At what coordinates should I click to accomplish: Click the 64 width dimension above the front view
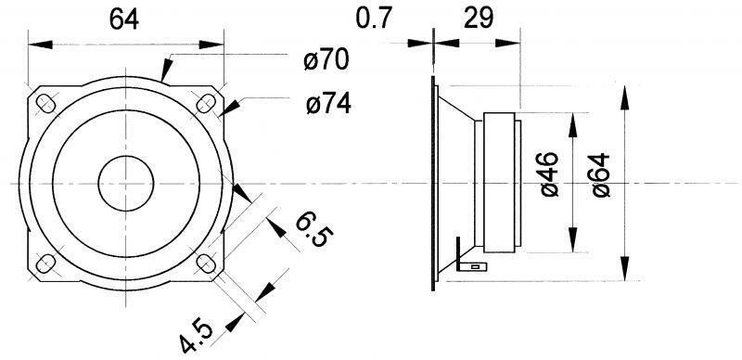[x=124, y=19]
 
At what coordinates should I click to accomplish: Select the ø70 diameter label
[x=326, y=60]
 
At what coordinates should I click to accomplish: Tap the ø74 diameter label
[x=328, y=104]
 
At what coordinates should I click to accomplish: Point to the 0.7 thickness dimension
[x=374, y=19]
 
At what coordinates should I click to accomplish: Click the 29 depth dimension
[x=479, y=19]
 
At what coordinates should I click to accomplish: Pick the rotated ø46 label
[x=549, y=174]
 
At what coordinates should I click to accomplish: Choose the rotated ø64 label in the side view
[x=601, y=174]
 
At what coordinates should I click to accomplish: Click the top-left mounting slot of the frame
[x=45, y=104]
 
